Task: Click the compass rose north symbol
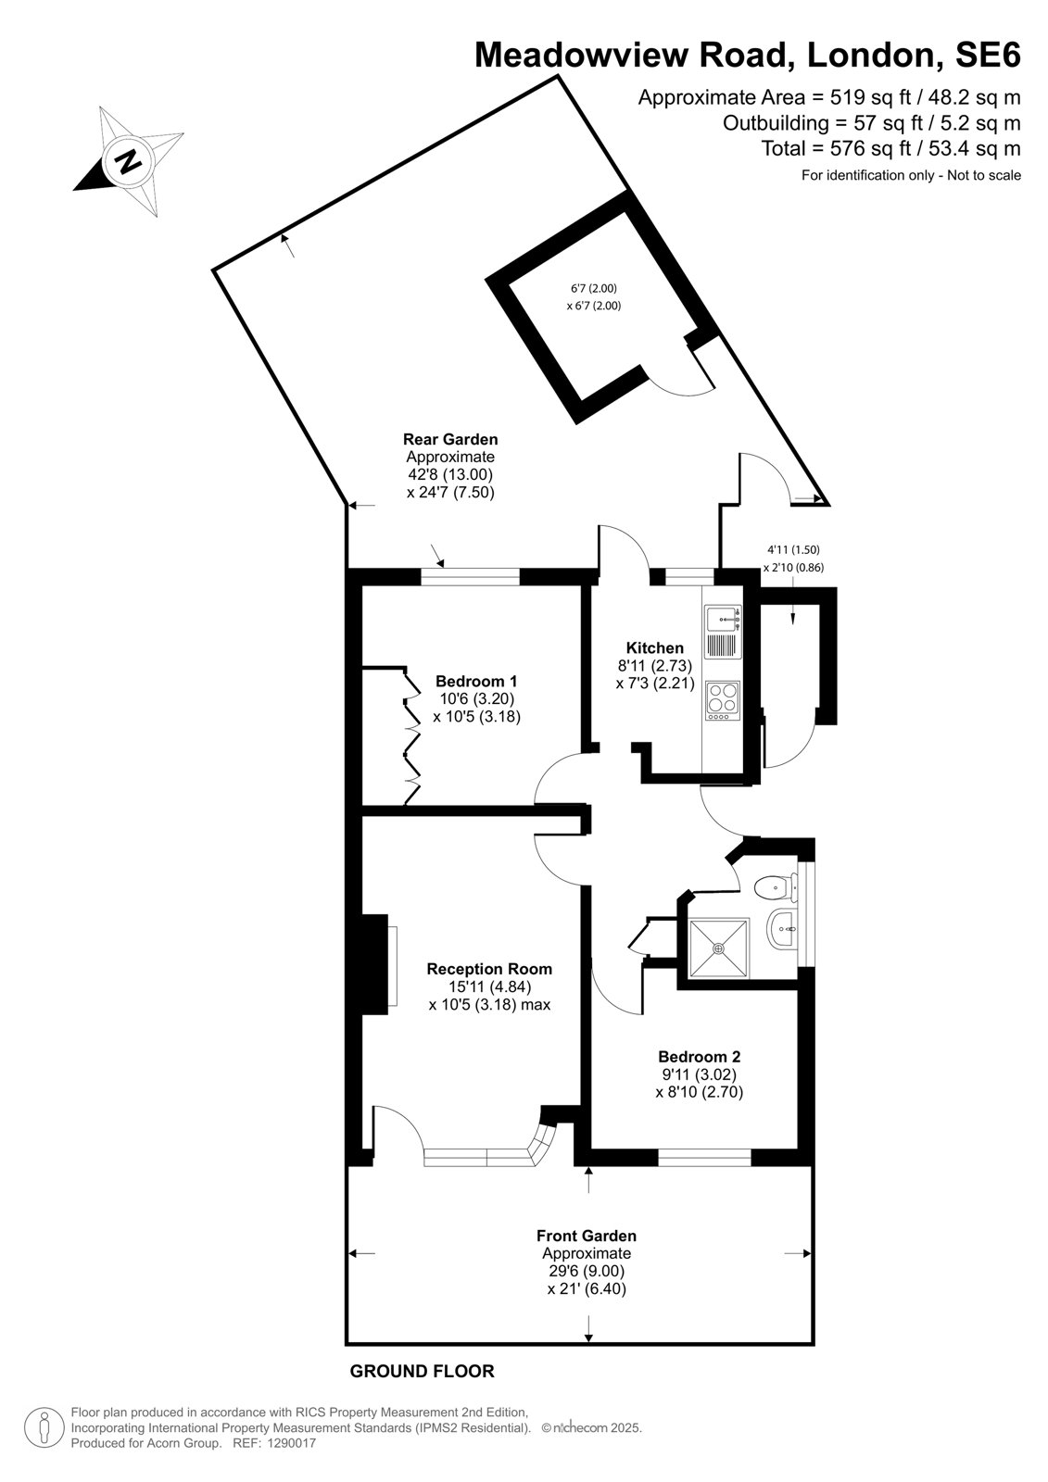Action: pos(128,161)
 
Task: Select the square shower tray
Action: pos(719,948)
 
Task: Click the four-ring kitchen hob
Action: pos(722,700)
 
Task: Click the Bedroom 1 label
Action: pos(476,681)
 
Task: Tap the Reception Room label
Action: pos(489,969)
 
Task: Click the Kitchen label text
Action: pos(655,647)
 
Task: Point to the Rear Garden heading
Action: pos(450,439)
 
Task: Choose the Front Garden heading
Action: pos(586,1236)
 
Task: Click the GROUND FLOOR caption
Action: pos(422,1372)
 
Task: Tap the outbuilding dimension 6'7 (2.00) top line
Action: pos(594,288)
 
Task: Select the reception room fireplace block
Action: pos(374,964)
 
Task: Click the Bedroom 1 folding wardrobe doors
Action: pos(411,735)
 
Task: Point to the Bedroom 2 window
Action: pos(704,1157)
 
